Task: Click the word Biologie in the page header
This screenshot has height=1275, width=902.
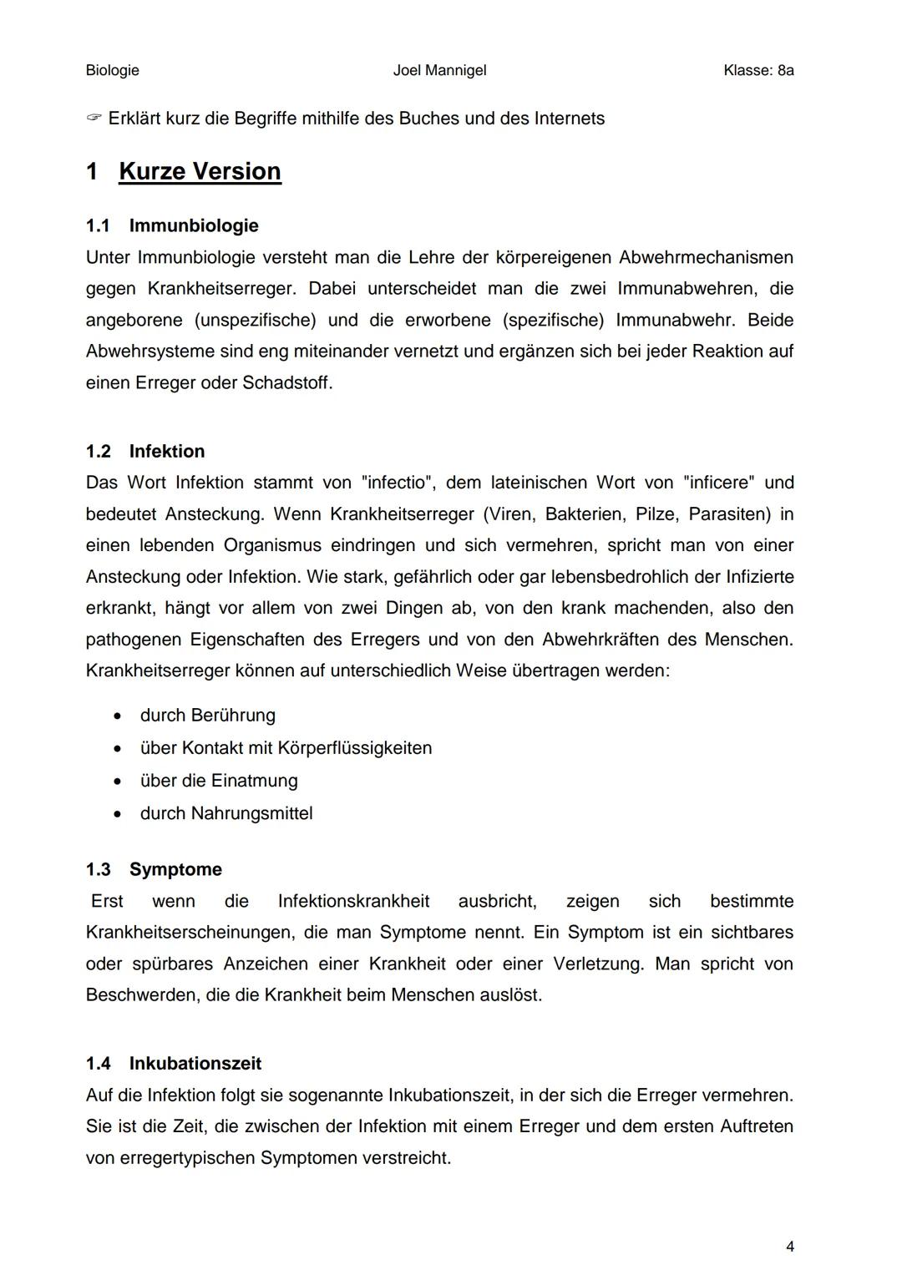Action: pyautogui.click(x=112, y=70)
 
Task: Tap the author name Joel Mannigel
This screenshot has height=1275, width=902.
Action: pyautogui.click(x=439, y=70)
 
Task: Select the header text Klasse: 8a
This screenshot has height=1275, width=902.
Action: pyautogui.click(x=758, y=70)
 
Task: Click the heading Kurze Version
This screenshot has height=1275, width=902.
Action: pyautogui.click(x=200, y=171)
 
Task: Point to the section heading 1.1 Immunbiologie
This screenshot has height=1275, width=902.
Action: pyautogui.click(x=172, y=225)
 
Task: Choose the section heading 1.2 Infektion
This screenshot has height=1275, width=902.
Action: pyautogui.click(x=145, y=451)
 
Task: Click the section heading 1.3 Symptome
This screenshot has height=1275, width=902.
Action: pyautogui.click(x=154, y=869)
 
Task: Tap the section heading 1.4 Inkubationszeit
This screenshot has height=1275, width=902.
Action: pyautogui.click(x=174, y=1063)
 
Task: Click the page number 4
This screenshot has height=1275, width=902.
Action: pyautogui.click(x=790, y=1247)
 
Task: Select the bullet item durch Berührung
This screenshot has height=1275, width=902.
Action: pyautogui.click(x=207, y=716)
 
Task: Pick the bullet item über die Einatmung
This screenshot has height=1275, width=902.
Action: pyautogui.click(x=219, y=781)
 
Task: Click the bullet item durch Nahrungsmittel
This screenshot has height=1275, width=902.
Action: pyautogui.click(x=226, y=813)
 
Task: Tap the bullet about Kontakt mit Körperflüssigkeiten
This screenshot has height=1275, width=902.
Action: pyautogui.click(x=286, y=748)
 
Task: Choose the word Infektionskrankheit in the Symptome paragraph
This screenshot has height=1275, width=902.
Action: pyautogui.click(x=353, y=901)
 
